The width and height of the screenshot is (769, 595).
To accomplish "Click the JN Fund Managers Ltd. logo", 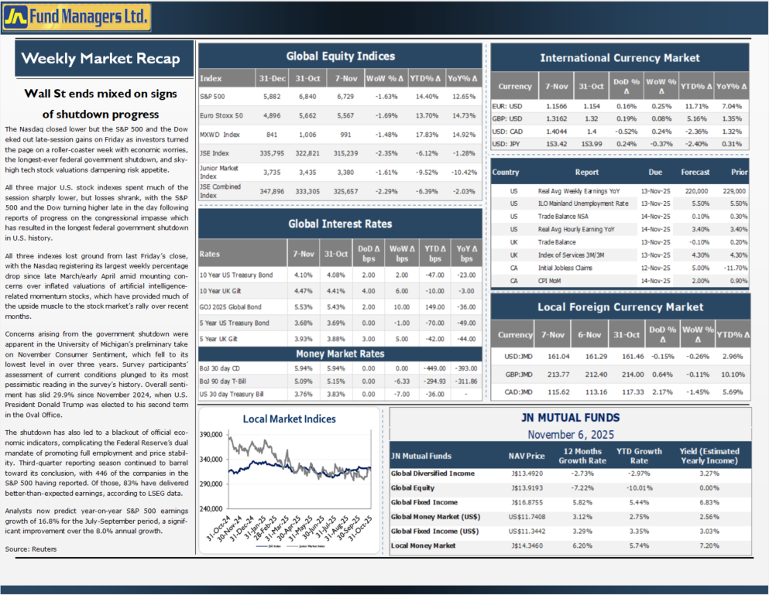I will [x=76, y=15].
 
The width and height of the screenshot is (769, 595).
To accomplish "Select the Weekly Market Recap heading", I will [x=101, y=59].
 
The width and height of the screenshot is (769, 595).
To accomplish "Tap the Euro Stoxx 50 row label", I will [x=221, y=115].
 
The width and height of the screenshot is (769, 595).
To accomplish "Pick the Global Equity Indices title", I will [x=341, y=56].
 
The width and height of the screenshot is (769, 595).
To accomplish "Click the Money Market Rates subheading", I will [x=341, y=354].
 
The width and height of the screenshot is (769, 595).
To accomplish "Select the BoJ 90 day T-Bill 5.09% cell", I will [x=303, y=381].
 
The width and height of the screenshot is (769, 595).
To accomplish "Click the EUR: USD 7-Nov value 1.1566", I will [x=556, y=105].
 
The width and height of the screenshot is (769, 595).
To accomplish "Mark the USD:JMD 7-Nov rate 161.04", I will [x=558, y=357].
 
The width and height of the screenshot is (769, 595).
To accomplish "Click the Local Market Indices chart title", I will [x=290, y=419].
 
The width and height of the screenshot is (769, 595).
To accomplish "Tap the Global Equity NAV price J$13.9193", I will [x=528, y=487].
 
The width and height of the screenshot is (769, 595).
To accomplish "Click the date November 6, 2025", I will [x=570, y=435].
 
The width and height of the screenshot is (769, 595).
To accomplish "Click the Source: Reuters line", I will [x=30, y=549].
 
